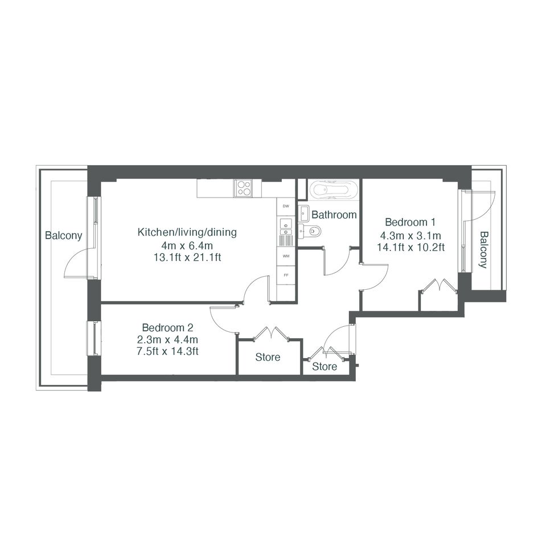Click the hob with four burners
243,188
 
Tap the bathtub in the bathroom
334,190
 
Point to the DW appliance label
286,206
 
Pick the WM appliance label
286,256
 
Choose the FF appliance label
285,275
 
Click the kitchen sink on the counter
286,228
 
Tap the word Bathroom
334,215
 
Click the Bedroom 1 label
410,222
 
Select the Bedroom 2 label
168,327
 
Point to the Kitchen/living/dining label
187,232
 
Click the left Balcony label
64,236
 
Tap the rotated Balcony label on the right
483,250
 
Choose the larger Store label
268,357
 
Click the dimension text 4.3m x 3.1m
410,236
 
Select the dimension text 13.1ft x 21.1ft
187,257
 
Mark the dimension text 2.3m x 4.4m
167,340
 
